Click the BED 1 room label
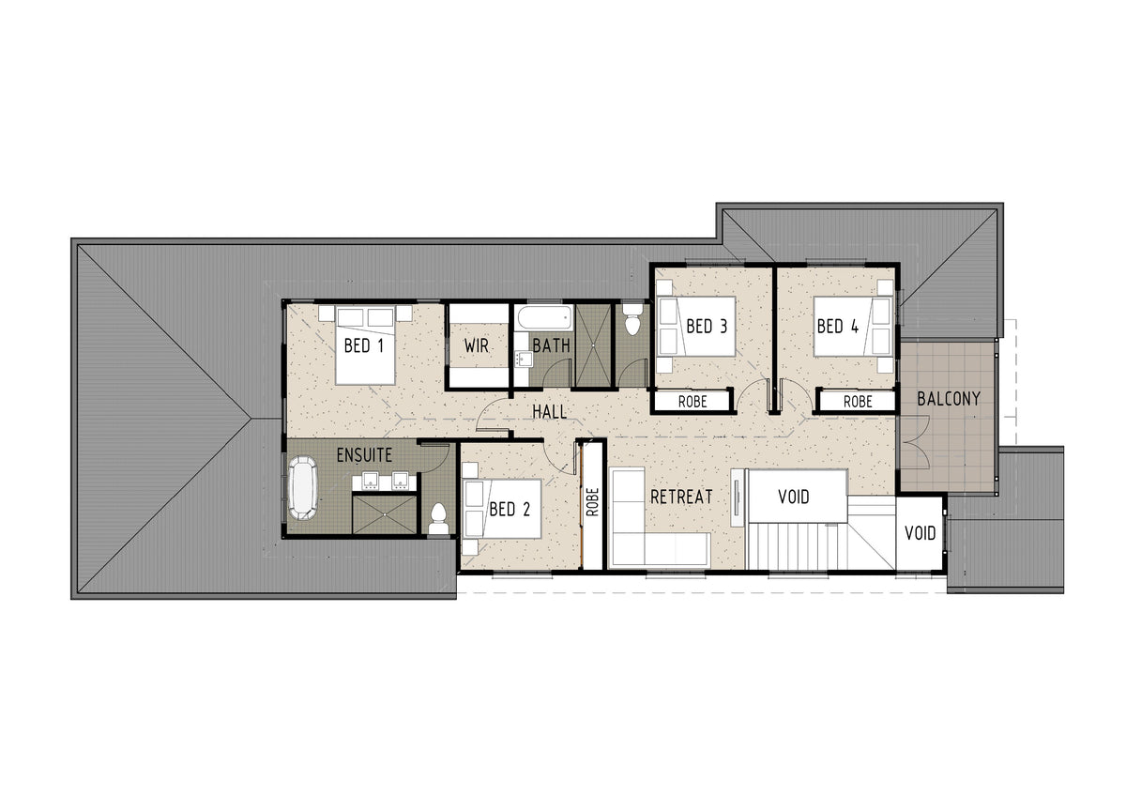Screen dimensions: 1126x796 [364, 346]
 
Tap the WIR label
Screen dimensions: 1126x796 [477, 346]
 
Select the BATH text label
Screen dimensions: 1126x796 [552, 346]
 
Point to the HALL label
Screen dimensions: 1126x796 [550, 412]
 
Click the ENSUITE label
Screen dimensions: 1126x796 [364, 455]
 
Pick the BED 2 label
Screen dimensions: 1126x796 [510, 510]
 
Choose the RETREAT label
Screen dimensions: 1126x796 [681, 497]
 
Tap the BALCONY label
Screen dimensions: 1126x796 [949, 399]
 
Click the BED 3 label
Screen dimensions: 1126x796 [707, 327]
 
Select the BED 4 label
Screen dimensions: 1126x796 [838, 327]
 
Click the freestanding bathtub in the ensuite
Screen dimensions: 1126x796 [302, 487]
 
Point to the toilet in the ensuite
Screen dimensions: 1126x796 [439, 518]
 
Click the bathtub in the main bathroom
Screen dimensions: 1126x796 [544, 318]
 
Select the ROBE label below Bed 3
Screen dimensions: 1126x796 [692, 402]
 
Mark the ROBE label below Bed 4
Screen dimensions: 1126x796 [858, 402]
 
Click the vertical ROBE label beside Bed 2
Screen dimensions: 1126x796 [593, 502]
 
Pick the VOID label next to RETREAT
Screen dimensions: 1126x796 [794, 497]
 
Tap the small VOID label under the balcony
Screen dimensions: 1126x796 [921, 533]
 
